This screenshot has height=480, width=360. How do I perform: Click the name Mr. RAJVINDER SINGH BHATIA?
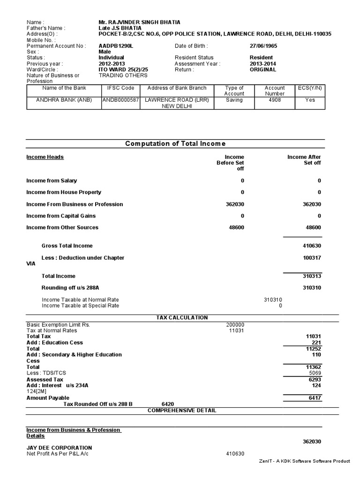coord(139,22)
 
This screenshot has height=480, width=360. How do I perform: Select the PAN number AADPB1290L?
coord(116,46)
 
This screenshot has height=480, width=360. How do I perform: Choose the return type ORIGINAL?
coord(263,69)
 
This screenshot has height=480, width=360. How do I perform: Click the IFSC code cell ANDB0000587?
coord(121,100)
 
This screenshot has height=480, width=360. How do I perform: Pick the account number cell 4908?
coord(275,100)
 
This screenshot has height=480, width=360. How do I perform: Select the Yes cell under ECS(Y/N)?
coord(310,100)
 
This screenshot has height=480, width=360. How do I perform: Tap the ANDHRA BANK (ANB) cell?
coord(63,100)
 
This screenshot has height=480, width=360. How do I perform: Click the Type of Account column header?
coord(234,90)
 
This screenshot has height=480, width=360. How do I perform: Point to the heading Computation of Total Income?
coord(175,143)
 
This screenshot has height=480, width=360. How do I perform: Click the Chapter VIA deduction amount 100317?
coord(312,258)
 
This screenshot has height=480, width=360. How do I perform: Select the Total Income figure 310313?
coord(312,276)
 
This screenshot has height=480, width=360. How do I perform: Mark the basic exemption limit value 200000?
coord(235,324)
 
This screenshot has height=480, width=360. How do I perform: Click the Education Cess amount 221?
coord(316,343)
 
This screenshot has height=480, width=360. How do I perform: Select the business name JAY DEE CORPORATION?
coord(59,448)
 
